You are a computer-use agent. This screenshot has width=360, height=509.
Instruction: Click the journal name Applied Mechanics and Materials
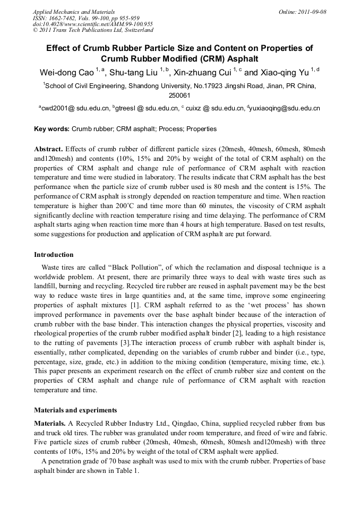pos(74,11)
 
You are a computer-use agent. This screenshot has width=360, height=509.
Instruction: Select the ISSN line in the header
pos(86,18)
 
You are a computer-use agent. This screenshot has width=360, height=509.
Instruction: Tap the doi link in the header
pos(92,24)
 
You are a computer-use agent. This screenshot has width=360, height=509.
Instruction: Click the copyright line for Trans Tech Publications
pos(92,30)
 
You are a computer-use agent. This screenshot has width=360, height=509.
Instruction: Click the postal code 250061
pos(179,96)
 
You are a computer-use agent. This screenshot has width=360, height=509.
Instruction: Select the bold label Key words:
pos(52,129)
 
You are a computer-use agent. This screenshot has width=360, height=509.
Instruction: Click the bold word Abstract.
pos(48,149)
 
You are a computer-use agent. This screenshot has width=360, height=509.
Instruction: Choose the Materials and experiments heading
pos(75,410)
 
